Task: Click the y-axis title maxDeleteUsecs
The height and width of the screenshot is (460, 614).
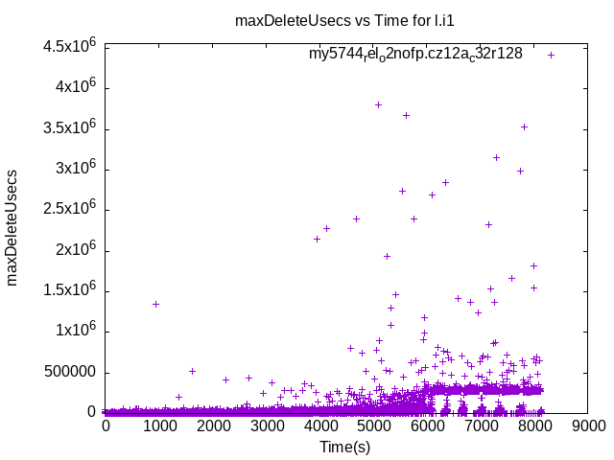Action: click(13, 231)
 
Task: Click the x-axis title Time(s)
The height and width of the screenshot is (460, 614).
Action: click(344, 447)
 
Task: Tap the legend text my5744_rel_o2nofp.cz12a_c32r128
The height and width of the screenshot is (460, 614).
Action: click(415, 55)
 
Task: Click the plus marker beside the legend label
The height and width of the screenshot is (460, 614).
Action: click(552, 55)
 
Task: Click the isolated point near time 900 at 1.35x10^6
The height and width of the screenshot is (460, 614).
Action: click(155, 304)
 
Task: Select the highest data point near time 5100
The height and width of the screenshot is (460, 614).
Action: click(379, 104)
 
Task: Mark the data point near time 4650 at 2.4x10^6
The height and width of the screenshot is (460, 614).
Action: click(356, 218)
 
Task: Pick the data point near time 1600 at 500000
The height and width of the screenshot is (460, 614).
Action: click(192, 371)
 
